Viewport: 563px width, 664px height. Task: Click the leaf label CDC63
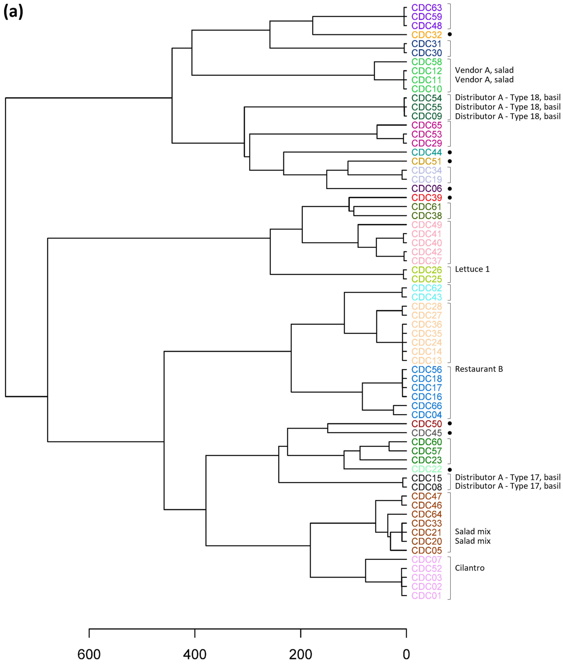point(426,8)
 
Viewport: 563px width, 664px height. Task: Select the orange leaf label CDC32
point(426,35)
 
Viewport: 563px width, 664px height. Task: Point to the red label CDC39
point(426,198)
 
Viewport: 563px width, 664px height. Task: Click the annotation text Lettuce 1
point(472,269)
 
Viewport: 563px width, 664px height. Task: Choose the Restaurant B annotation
point(479,369)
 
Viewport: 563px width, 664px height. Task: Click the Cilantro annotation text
point(469,568)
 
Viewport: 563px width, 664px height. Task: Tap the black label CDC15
point(426,478)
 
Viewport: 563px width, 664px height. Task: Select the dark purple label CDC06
point(426,189)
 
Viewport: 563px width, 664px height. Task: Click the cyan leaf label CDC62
point(426,288)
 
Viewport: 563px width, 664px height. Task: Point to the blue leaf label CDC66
point(426,406)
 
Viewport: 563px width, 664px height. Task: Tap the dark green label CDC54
point(426,98)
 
